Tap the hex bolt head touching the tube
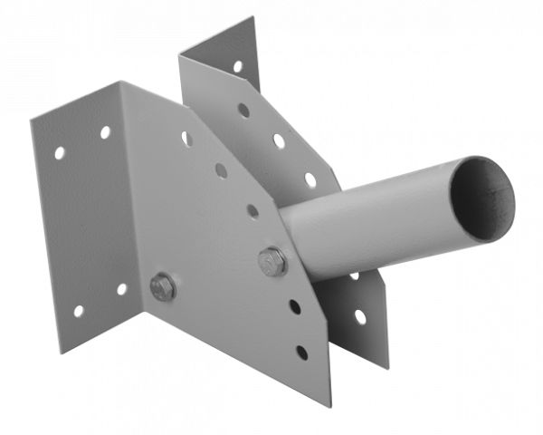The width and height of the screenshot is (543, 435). tap(272, 262)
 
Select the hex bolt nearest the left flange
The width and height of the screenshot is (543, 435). tap(163, 287)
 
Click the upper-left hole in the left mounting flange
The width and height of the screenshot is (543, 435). tap(60, 152)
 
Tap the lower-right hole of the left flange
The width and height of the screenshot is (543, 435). tap(121, 290)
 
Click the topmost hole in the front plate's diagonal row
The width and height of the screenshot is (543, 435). tap(186, 139)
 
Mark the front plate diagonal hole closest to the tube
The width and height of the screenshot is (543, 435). tap(252, 209)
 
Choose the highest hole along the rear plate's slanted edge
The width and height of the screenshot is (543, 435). tap(243, 110)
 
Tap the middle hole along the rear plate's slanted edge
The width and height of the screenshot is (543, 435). tap(279, 141)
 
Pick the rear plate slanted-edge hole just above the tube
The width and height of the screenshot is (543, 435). tap(310, 179)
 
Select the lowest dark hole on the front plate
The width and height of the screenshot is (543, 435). tap(306, 350)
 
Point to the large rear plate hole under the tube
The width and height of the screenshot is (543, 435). tap(360, 316)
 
